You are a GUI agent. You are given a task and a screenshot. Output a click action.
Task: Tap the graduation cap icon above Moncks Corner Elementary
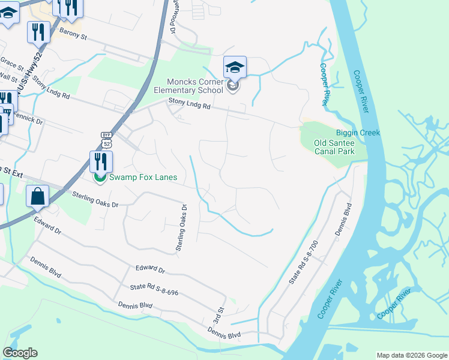235,67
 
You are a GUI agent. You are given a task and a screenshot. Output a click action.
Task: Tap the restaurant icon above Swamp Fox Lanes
100,161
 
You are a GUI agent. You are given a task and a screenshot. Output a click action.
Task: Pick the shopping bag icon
37,196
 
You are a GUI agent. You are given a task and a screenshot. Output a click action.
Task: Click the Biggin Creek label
358,133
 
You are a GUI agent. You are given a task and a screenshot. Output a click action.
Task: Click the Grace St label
11,62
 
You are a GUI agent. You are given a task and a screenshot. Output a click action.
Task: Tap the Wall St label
8,77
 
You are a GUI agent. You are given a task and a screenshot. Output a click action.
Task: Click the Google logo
20,353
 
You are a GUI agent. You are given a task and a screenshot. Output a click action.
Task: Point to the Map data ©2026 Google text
411,355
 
